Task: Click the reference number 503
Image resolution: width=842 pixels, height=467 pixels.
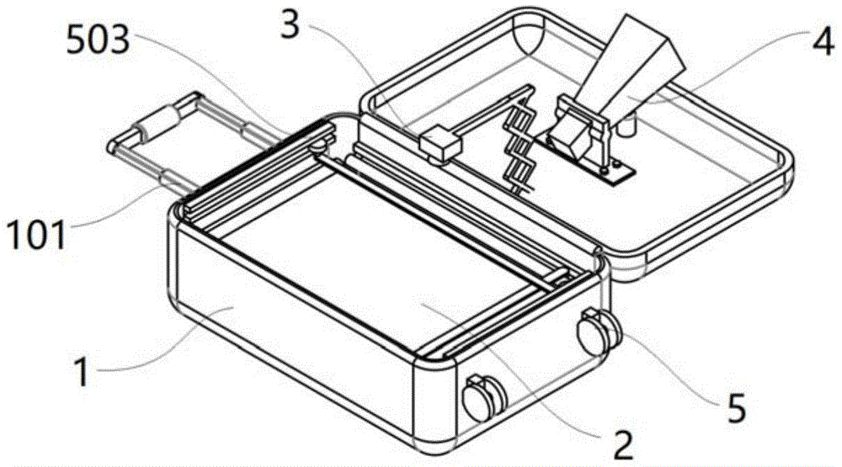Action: pyautogui.click(x=99, y=40)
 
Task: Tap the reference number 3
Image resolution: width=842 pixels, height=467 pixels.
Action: pyautogui.click(x=290, y=24)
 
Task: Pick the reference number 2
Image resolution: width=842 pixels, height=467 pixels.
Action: pyautogui.click(x=623, y=444)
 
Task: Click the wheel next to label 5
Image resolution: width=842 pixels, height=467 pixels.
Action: pyautogui.click(x=598, y=332)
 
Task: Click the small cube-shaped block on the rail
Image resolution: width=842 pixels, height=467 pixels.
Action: pyautogui.click(x=440, y=144)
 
